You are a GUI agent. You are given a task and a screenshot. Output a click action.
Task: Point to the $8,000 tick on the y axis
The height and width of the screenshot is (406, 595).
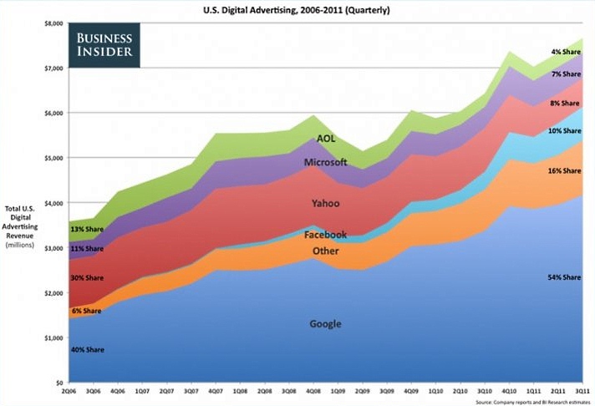53,23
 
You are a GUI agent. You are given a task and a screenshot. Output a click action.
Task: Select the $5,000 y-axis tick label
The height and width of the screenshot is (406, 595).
53,158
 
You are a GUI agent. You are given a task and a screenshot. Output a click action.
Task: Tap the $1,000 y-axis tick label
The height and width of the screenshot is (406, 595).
53,337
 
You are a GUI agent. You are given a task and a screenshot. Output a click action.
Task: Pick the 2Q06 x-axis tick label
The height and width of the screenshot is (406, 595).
69,390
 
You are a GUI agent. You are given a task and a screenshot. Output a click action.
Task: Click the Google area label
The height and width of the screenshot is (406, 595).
324,324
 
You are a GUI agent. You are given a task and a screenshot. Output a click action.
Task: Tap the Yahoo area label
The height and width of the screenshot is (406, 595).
324,203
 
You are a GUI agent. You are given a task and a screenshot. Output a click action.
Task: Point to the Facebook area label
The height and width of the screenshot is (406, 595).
325,236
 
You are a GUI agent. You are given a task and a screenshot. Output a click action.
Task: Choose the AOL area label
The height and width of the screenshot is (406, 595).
326,139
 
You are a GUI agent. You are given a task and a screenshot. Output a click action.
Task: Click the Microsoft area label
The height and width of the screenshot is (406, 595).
325,161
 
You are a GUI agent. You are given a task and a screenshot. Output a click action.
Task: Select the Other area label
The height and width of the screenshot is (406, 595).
325,251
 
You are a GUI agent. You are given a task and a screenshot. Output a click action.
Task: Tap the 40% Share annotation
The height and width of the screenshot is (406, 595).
88,349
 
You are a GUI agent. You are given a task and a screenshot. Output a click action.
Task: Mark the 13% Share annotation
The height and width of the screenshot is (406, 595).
88,229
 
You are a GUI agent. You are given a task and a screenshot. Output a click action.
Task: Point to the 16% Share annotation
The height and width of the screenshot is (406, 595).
563,170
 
